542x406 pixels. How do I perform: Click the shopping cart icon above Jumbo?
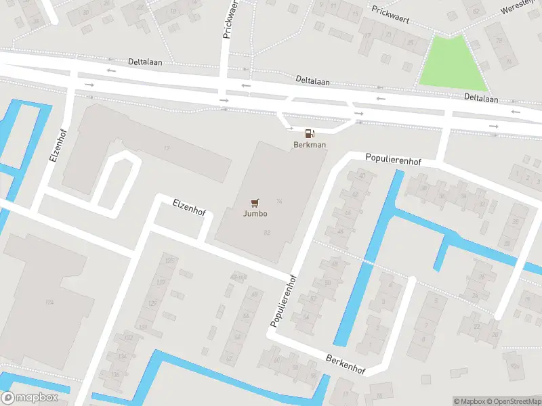pos(255,202)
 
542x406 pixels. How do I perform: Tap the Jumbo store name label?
pos(255,214)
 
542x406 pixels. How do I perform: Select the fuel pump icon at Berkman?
pos(310,133)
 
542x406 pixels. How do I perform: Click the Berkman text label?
pos(309,145)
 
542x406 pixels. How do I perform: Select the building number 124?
pos(49,301)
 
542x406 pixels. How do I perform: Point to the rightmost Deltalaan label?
pos(481,99)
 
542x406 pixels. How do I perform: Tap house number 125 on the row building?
pos(169,261)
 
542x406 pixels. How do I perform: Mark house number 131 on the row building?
pos(144,326)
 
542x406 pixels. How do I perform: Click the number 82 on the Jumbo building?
pos(267,232)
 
